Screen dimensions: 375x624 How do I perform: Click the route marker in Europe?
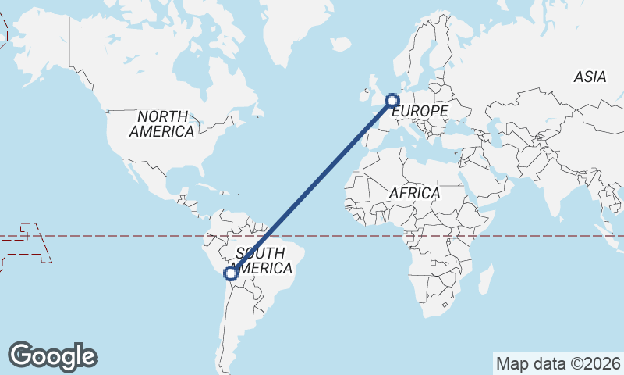point(392,100)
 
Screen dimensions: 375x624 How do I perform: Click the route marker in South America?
point(230,273)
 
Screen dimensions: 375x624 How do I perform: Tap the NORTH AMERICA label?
point(162,124)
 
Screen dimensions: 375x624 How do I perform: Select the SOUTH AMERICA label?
point(264,261)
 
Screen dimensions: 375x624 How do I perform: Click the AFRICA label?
point(414,193)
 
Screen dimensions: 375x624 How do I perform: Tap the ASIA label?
point(590,77)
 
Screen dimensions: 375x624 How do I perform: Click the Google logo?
point(53,356)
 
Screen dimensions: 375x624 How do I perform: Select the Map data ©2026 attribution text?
point(558,363)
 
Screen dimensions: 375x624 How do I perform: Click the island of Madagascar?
point(485,278)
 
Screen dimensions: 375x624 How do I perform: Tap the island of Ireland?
point(363,95)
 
